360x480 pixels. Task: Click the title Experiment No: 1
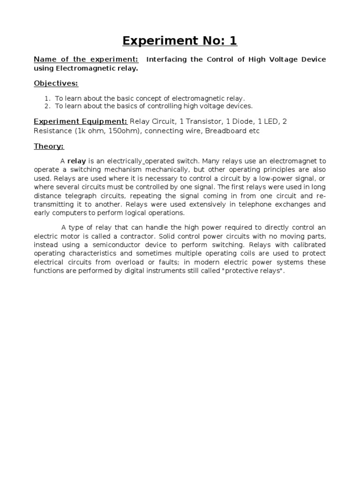point(180,41)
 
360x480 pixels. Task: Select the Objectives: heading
point(56,83)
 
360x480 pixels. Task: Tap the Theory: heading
point(49,146)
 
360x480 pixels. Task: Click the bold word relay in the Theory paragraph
point(77,161)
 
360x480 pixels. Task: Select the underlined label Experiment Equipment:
point(81,121)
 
